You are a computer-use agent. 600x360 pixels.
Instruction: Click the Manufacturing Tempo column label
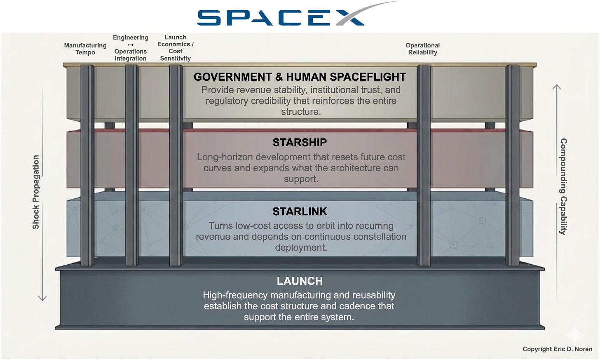(85, 49)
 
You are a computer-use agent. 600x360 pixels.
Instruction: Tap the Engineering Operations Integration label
(131, 48)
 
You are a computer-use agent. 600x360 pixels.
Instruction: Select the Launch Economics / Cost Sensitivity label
(176, 48)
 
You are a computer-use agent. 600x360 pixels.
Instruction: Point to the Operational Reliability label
(422, 49)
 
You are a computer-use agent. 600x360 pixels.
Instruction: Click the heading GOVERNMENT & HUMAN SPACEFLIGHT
(300, 77)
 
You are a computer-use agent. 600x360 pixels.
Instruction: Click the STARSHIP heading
(300, 143)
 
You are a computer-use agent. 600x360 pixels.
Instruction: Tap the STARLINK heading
(300, 212)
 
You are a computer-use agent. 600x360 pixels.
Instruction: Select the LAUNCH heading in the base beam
(300, 281)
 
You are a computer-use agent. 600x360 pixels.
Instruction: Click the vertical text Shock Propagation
(36, 192)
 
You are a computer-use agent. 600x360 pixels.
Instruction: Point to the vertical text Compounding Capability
(563, 186)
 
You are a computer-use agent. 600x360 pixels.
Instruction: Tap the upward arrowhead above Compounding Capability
(557, 87)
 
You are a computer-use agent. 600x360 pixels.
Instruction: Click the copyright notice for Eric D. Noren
(557, 349)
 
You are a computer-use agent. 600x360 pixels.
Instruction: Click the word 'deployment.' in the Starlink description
(301, 247)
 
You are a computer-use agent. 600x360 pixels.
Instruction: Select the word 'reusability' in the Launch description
(373, 295)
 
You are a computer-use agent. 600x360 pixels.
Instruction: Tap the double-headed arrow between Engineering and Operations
(131, 45)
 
